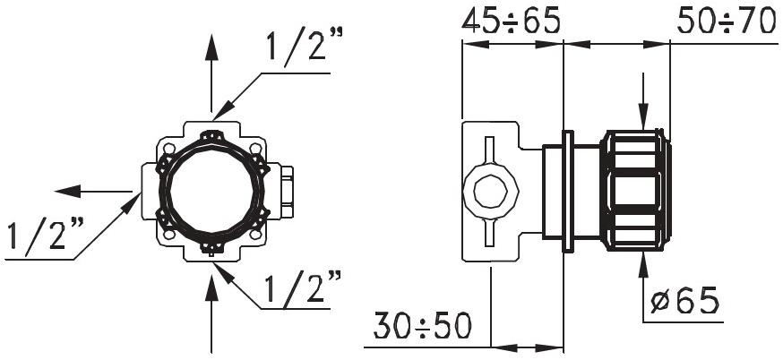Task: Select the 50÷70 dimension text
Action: (x=726, y=21)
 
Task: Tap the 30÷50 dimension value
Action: (x=422, y=327)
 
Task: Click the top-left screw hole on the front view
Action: (x=167, y=146)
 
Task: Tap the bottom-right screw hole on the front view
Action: (x=256, y=236)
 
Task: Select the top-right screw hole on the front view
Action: (x=256, y=146)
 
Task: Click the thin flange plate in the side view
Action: (x=567, y=191)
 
